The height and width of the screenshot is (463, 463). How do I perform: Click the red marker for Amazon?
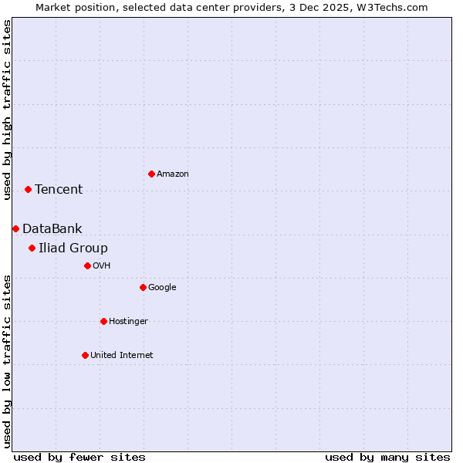pyautogui.click(x=151, y=174)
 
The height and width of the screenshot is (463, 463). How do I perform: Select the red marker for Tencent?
pyautogui.click(x=28, y=189)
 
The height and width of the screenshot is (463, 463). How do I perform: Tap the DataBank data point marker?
pyautogui.click(x=15, y=228)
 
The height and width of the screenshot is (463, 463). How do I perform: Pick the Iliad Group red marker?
pyautogui.click(x=32, y=248)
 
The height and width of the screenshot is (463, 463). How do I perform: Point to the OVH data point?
pyautogui.click(x=87, y=265)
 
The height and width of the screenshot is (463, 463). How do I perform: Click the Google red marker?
pyautogui.click(x=143, y=287)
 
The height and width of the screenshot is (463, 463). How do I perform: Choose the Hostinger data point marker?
pyautogui.click(x=103, y=321)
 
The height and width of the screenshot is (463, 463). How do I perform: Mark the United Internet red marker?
pyautogui.click(x=85, y=355)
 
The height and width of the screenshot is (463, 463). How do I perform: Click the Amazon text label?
pyautogui.click(x=173, y=174)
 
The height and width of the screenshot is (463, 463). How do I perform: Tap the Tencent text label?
pyautogui.click(x=59, y=190)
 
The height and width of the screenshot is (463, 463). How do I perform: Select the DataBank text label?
pyautogui.click(x=52, y=229)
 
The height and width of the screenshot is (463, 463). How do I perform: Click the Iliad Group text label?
pyautogui.click(x=73, y=248)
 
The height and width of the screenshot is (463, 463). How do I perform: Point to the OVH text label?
pyautogui.click(x=102, y=266)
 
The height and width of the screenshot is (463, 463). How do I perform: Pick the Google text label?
pyautogui.click(x=162, y=288)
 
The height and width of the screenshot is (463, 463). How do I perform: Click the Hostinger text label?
pyautogui.click(x=128, y=322)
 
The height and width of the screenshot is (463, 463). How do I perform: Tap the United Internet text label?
pyautogui.click(x=122, y=356)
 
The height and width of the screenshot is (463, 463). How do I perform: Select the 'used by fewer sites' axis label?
pyautogui.click(x=79, y=457)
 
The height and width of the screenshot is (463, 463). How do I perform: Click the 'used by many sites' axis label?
pyautogui.click(x=387, y=457)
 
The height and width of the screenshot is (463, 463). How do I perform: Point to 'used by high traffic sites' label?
pyautogui.click(x=7, y=110)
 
